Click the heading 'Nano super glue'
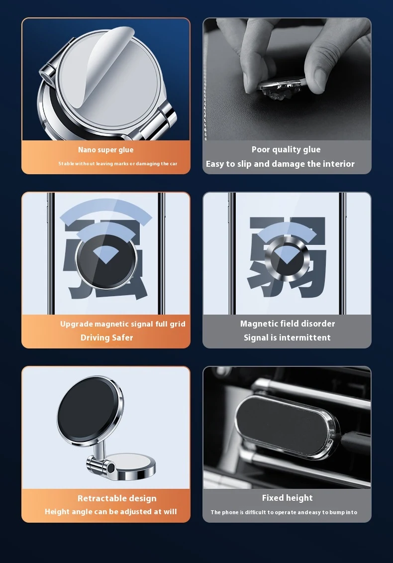tap(106, 150)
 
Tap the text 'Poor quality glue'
tap(286, 149)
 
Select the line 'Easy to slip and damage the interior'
tap(280, 164)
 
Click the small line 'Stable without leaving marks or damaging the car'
tap(118, 164)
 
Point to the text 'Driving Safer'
tap(106, 338)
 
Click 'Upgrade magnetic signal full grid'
tap(123, 324)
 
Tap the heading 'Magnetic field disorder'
tap(288, 324)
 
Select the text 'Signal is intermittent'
tap(287, 338)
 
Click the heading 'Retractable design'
tap(117, 498)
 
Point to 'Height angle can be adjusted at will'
tap(111, 512)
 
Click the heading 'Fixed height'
tap(287, 498)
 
